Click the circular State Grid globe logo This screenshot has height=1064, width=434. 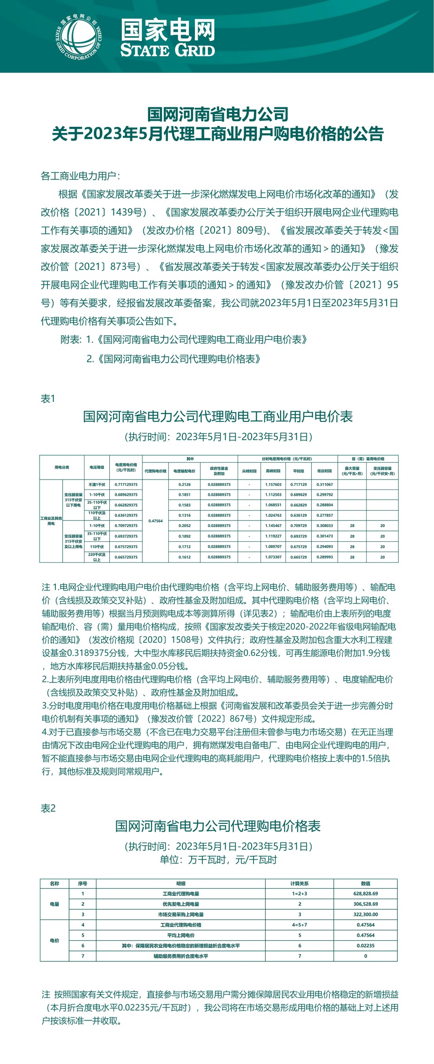[x=78, y=38]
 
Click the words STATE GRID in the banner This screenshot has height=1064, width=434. [x=167, y=50]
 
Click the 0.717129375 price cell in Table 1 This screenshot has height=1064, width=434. [x=126, y=485]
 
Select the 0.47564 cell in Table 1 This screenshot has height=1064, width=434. [x=155, y=521]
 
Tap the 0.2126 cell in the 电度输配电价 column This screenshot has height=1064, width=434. [x=185, y=485]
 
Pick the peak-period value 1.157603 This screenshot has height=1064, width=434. [x=273, y=485]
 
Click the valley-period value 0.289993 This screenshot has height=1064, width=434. [x=325, y=557]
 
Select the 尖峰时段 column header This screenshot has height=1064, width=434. [x=249, y=471]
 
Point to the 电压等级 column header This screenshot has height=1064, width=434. [x=97, y=467]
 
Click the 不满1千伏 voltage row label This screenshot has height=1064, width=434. [x=97, y=485]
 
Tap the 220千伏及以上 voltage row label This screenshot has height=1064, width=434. [x=97, y=557]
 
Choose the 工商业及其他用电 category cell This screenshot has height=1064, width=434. [x=51, y=521]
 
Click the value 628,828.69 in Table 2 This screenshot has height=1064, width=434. [x=366, y=893]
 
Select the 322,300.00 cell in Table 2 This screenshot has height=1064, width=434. [x=366, y=914]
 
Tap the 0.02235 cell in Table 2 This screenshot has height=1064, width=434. [x=366, y=946]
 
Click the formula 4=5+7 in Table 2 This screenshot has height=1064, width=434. [x=300, y=925]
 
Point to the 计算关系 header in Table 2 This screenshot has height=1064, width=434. [x=300, y=883]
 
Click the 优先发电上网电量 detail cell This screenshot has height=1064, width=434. [x=180, y=904]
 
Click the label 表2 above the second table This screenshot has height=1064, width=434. [x=48, y=808]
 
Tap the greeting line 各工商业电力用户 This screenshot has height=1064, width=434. [x=80, y=176]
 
